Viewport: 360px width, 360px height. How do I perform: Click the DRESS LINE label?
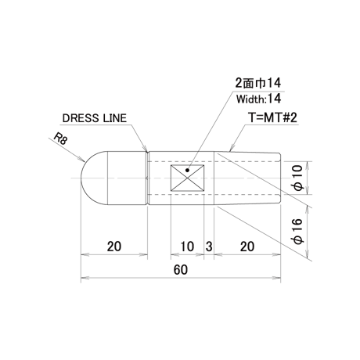tap(95, 118)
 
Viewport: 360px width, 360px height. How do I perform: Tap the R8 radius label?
tap(60, 139)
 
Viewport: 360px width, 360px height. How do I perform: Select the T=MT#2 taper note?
tap(272, 117)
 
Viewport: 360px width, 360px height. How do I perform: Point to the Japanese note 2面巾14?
tap(258, 83)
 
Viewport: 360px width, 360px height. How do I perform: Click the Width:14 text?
tap(258, 99)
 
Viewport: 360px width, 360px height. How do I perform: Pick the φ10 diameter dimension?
tap(298, 178)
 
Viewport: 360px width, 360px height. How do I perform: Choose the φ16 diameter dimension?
tap(298, 231)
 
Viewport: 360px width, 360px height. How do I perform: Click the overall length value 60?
tap(181, 270)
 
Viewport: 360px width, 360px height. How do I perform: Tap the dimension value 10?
tap(187, 247)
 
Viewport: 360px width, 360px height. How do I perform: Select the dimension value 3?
tap(209, 247)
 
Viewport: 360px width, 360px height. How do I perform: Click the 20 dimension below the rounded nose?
tap(114, 247)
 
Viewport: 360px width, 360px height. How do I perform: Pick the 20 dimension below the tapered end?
tap(247, 247)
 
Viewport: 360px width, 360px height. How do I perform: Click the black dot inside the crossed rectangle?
tap(187, 171)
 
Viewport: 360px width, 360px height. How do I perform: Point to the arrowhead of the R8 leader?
tap(81, 159)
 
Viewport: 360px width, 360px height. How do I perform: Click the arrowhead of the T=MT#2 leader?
tap(231, 149)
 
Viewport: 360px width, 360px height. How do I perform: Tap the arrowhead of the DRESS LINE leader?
tap(146, 149)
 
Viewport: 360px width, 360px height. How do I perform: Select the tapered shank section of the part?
tap(247, 178)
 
